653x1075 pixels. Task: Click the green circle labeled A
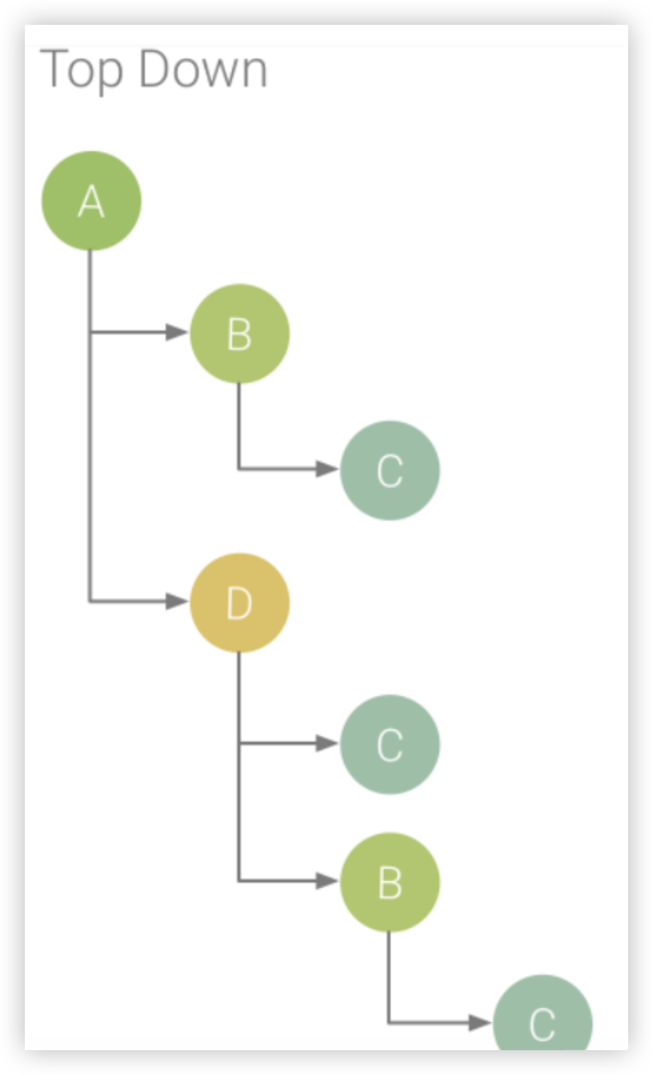coord(91,201)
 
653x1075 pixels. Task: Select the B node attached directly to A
coord(239,334)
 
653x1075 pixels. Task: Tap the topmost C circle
coord(389,471)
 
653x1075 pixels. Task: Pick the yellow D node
coord(239,603)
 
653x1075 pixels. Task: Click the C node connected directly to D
coord(389,744)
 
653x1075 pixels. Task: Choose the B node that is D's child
coord(389,882)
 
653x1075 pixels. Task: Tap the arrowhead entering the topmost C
coord(326,469)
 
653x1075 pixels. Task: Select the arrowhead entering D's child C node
coord(326,743)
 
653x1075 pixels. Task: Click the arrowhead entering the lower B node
coord(326,880)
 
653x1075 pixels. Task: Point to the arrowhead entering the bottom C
coord(479,1022)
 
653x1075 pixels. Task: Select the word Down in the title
coord(202,69)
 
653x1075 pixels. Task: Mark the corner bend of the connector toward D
coord(90,602)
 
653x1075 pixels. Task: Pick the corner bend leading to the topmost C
coord(239,469)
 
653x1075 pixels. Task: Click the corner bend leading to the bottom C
coord(389,1022)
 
